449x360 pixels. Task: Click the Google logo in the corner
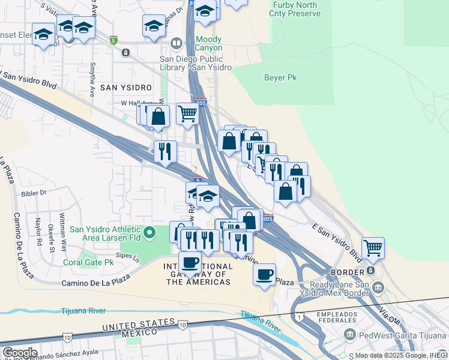(x=19, y=353)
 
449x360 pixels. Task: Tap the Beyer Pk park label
(x=280, y=77)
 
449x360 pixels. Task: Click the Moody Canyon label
(x=208, y=43)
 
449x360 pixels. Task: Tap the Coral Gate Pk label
(x=89, y=262)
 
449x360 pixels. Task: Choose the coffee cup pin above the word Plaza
(x=264, y=275)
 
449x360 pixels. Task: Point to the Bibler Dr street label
(x=33, y=193)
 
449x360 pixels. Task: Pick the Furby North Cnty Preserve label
(x=295, y=8)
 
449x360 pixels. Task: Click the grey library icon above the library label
(x=176, y=43)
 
